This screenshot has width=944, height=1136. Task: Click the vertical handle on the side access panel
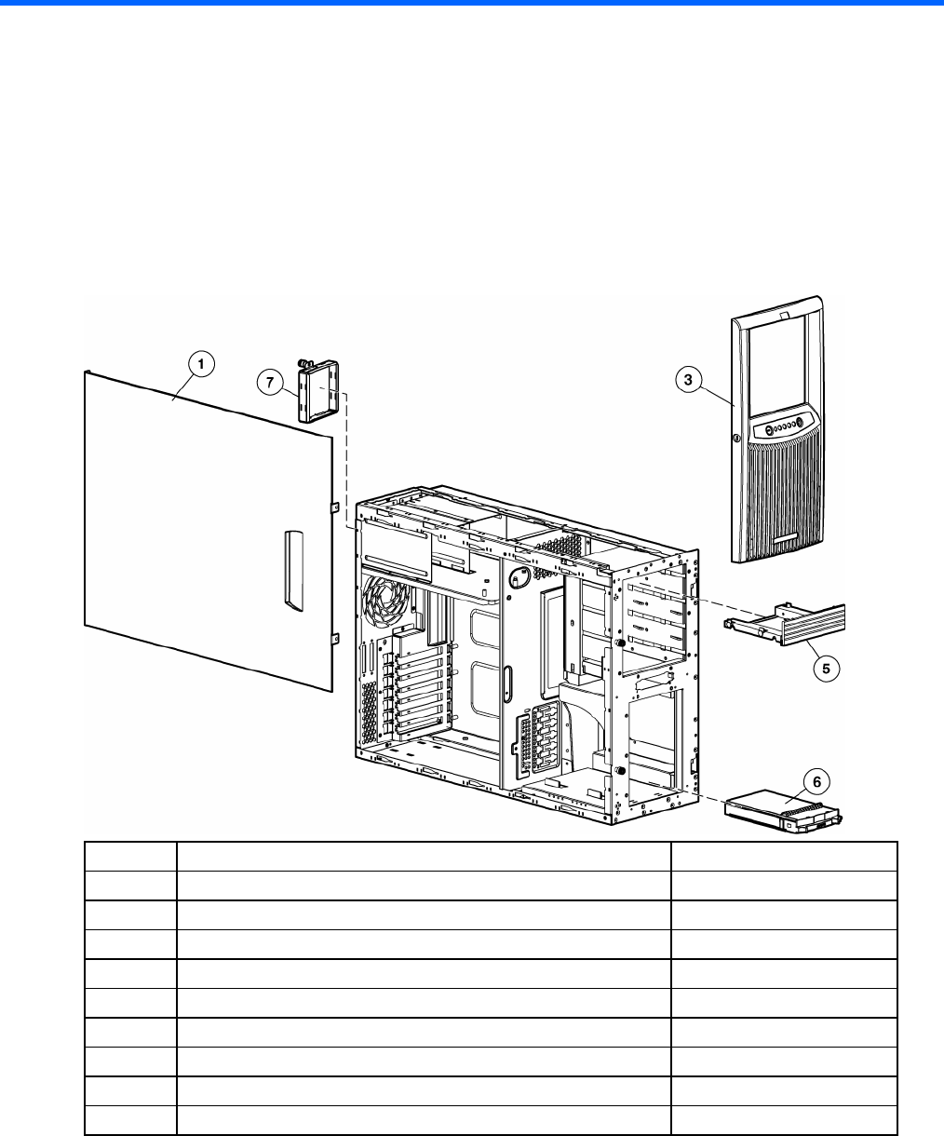[x=293, y=571]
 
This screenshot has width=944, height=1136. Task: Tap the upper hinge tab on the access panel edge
[x=332, y=507]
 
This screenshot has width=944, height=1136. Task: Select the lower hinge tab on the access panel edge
[x=332, y=639]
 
